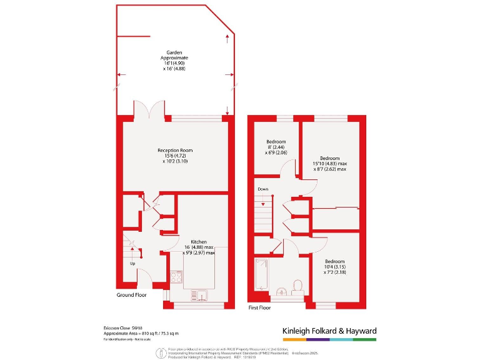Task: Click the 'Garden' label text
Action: point(174,52)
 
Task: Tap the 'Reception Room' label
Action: point(174,151)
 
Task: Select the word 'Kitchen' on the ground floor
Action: point(199,242)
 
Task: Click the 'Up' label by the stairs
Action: point(132,263)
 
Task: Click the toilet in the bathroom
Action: point(297,286)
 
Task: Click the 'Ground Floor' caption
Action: point(131,295)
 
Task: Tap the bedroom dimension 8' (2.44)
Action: point(276,147)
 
